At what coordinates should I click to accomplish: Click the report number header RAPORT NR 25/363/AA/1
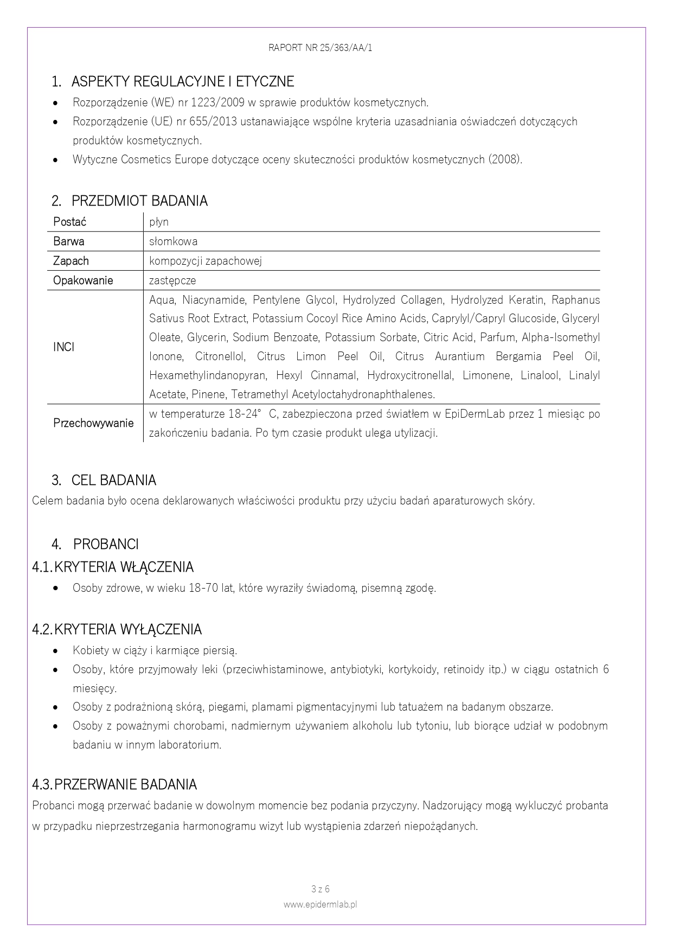pyautogui.click(x=321, y=48)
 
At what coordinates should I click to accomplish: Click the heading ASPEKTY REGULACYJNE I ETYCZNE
pyautogui.click(x=182, y=82)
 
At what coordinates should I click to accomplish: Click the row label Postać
pyautogui.click(x=69, y=222)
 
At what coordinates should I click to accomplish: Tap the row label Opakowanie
pyautogui.click(x=83, y=280)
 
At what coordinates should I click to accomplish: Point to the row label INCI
pyautogui.click(x=64, y=347)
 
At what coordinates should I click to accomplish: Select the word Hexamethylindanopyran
pyautogui.click(x=208, y=375)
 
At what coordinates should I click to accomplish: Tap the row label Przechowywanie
pyautogui.click(x=93, y=423)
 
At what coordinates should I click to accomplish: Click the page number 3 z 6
pyautogui.click(x=321, y=889)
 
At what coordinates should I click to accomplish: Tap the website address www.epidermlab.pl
pyautogui.click(x=321, y=904)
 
